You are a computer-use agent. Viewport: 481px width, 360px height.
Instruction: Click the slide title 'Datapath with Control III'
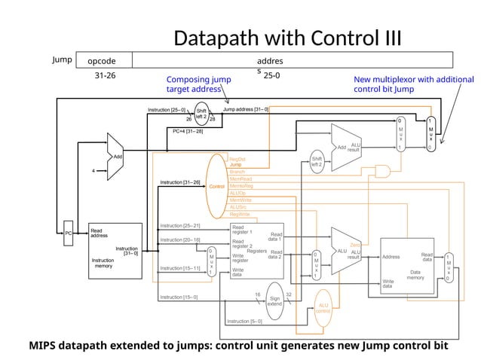tap(287, 39)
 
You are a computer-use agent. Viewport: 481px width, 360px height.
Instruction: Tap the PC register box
tap(68, 233)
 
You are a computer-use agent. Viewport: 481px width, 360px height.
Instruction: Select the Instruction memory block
tap(115, 252)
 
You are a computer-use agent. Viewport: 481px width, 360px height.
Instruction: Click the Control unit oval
tap(217, 186)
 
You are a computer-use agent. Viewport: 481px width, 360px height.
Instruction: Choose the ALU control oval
tap(323, 307)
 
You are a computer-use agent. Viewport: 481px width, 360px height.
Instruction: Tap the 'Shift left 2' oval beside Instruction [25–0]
tap(201, 114)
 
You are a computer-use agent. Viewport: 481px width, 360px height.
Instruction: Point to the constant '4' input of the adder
tap(93, 170)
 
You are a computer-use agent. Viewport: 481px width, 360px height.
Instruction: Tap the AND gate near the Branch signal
tap(383, 173)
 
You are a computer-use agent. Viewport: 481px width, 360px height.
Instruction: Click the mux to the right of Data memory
tap(449, 267)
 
